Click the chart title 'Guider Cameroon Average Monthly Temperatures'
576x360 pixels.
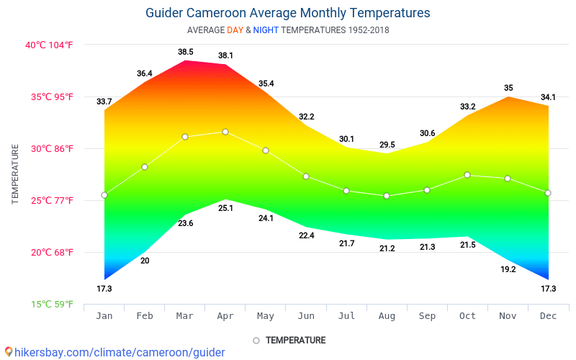[287, 13]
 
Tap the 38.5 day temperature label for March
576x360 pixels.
[186, 52]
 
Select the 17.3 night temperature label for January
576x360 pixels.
[104, 289]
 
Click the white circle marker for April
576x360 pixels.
[225, 132]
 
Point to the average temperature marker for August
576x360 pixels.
[387, 196]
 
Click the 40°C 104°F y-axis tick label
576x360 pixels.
[50, 45]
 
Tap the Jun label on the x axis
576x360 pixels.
[306, 316]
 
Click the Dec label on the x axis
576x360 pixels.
[548, 316]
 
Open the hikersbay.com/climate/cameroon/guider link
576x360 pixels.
[120, 352]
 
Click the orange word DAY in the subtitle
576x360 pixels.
[235, 30]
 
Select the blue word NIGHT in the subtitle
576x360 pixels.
[266, 30]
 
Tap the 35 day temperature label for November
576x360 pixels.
[508, 88]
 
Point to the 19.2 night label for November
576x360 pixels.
[508, 269]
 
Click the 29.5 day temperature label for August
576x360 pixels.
[387, 144]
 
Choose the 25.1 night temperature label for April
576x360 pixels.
[225, 208]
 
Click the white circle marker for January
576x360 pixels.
[104, 195]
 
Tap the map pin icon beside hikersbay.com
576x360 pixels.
[8, 351]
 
